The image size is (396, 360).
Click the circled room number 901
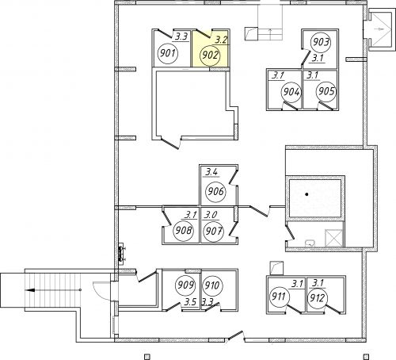point(168,54)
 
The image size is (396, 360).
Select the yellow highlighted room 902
point(211,48)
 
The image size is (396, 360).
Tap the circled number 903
point(321,42)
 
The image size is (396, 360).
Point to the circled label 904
point(291,92)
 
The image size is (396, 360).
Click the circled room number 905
point(326,91)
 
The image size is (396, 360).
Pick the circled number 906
point(215,191)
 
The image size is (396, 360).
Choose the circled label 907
point(213,232)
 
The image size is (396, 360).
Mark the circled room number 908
point(183,231)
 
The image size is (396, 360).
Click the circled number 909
point(186,285)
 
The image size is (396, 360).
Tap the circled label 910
point(212,285)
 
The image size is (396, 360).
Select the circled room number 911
point(279,297)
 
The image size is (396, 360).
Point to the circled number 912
point(318,298)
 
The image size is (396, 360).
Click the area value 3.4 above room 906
point(211,173)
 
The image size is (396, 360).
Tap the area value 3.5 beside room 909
point(191,302)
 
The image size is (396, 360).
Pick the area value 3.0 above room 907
point(211,215)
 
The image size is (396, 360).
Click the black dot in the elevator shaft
point(307,194)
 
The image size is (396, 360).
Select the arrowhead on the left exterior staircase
point(30,290)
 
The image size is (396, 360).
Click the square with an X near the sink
point(334,239)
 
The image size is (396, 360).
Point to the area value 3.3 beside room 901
point(181,36)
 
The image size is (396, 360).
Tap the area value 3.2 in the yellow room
point(221,40)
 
